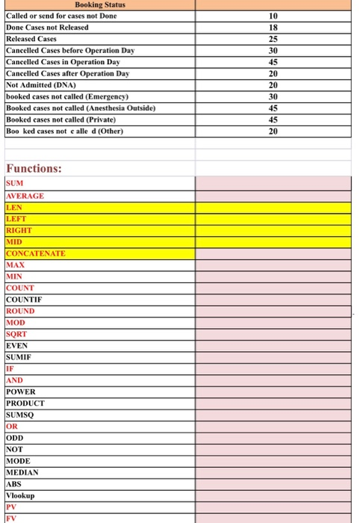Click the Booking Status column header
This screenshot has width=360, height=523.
pos(100,5)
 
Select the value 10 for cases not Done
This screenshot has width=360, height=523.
pos(273,16)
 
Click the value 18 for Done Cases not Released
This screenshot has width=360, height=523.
pos(273,27)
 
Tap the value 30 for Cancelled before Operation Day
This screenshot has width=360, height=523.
pos(273,50)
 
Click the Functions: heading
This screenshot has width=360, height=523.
pos(34,168)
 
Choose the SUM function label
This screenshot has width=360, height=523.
pos(15,184)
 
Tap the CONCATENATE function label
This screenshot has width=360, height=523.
pos(35,253)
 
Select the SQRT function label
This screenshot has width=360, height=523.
pos(16,334)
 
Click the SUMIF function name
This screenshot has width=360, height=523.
pos(20,357)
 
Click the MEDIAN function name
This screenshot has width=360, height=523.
pos(22,472)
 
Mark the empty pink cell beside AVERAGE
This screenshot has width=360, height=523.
pos(273,196)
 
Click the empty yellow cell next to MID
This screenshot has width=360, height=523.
pos(273,241)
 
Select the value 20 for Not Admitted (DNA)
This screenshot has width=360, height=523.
pos(273,85)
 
